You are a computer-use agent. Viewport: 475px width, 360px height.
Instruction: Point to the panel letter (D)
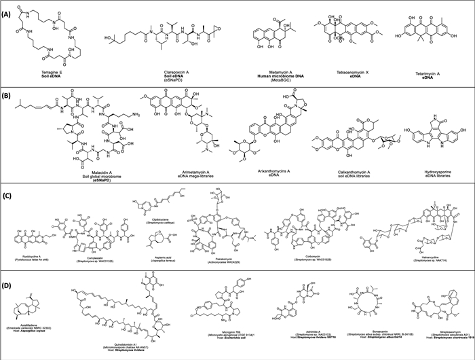pos(8,275)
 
